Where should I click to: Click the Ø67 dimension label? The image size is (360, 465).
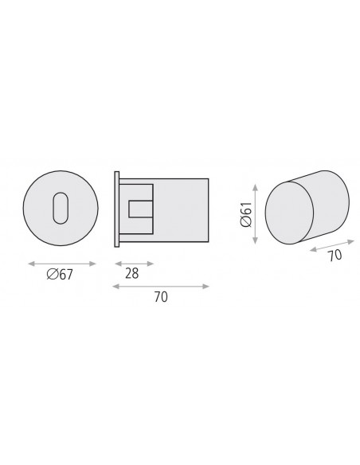(60, 275)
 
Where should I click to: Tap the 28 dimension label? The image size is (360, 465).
(132, 273)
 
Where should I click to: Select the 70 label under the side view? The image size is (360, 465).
(161, 297)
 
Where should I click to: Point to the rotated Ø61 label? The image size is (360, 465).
(246, 214)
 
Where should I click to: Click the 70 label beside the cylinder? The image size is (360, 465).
(335, 256)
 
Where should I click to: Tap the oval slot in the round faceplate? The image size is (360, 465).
(61, 208)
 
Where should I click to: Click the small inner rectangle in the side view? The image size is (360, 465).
(141, 209)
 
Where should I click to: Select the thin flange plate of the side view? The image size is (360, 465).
(117, 209)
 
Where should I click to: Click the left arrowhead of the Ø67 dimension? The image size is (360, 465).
(31, 264)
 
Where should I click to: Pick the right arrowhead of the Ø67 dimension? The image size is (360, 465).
(92, 264)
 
